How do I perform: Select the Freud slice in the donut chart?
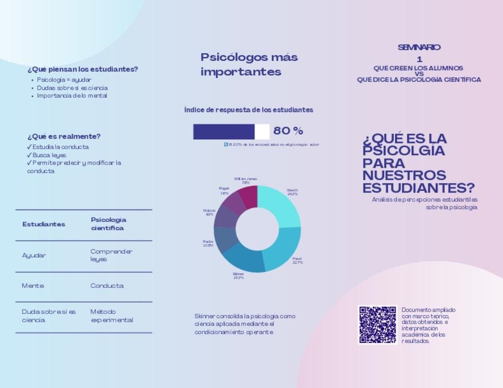coord(284,249)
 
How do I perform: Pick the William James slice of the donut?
coord(249,196)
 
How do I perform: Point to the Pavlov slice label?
coord(208,243)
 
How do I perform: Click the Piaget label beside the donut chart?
coord(224,191)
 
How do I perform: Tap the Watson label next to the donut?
coord(209,212)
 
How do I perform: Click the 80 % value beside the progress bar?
coord(288,131)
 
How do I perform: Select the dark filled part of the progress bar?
coord(224,132)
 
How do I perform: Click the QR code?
coord(377,325)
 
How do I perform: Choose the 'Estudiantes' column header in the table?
coord(44,225)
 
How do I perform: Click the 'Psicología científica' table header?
coord(109,224)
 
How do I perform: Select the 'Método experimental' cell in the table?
coord(112,316)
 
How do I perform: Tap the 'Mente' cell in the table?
coord(33,286)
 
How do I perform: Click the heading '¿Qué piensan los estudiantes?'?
coord(82,69)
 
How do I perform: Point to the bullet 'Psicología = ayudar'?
coord(64,79)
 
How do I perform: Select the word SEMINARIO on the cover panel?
coord(419,47)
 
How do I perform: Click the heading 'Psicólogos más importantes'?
coord(249,65)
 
